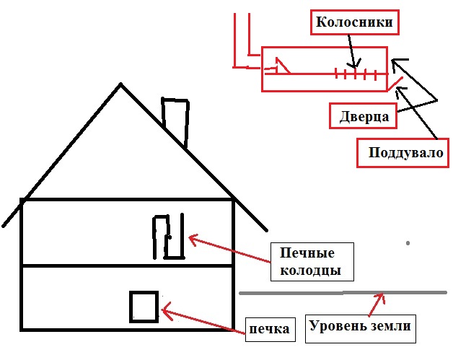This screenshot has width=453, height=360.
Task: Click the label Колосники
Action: pos(355,22)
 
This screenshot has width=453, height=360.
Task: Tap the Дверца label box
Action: pos(364,116)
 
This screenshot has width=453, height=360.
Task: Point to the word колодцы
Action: pos(312,271)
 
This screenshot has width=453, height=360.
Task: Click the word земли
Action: pos(391,326)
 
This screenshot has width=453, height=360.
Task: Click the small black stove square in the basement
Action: pos(144,306)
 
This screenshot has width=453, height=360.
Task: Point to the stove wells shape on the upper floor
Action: pos(167,236)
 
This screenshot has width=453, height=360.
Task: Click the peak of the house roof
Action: pos(120,85)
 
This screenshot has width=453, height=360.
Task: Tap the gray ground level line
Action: pos(303,293)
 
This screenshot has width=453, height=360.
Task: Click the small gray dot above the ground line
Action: pos(408,243)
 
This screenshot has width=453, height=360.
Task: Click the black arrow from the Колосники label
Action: pos(351,51)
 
